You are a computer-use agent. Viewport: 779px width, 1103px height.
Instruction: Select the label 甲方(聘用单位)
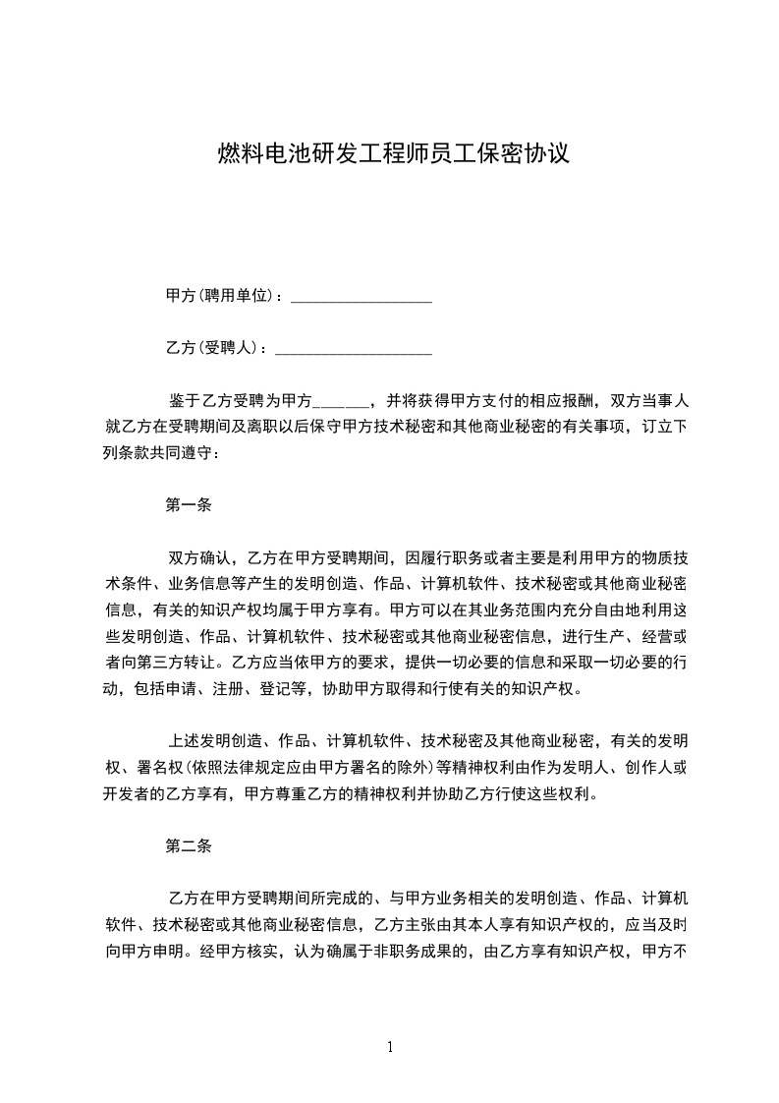[222, 296]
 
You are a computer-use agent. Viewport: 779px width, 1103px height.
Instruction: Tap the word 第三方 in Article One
[186, 662]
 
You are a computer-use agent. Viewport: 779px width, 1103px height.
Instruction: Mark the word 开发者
[124, 792]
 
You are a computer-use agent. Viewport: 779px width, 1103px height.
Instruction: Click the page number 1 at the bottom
[390, 1047]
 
